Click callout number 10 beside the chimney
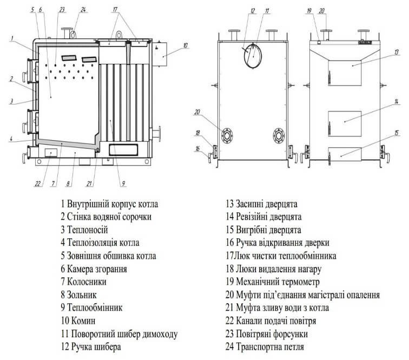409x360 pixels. [185, 45]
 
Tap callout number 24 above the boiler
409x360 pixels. [83, 9]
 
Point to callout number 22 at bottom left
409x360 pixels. [38, 183]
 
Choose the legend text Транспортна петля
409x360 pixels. [270, 347]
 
